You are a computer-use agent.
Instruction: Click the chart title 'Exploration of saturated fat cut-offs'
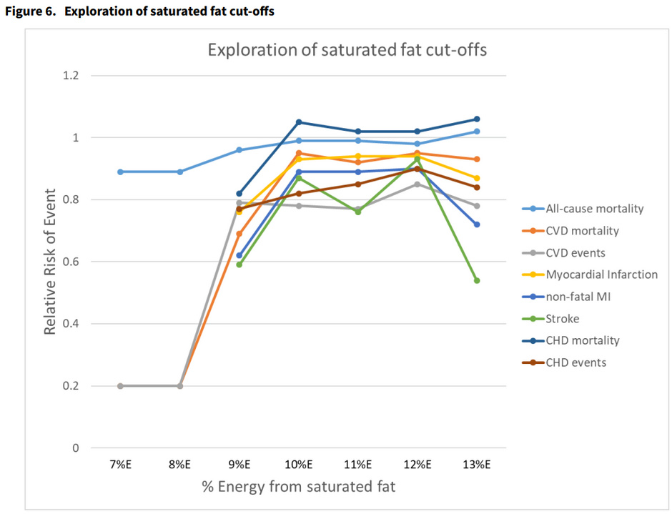click(347, 50)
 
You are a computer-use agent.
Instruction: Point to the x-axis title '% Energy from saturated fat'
click(298, 487)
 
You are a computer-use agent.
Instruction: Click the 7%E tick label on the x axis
click(120, 464)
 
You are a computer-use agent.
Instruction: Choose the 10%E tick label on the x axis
click(298, 464)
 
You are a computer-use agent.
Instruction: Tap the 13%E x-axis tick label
click(477, 464)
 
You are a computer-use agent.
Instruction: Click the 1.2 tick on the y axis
click(70, 76)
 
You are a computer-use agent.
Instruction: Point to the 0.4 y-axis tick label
click(70, 324)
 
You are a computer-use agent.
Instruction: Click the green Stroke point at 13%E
click(477, 280)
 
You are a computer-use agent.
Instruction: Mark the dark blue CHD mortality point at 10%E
click(299, 122)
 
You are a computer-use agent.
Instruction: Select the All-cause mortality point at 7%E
click(120, 172)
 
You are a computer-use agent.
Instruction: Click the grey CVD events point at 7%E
click(120, 386)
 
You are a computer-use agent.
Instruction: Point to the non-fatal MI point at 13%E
click(477, 224)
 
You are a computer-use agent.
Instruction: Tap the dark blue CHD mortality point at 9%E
click(239, 194)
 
